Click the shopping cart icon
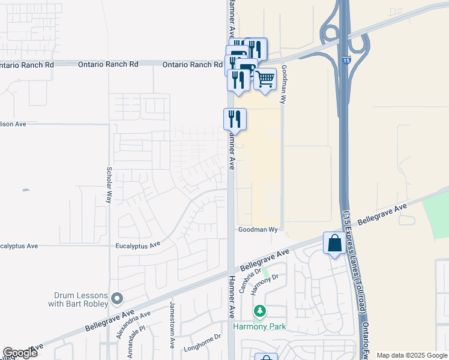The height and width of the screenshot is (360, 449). (x=265, y=79)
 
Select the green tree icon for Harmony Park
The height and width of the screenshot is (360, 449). (x=260, y=311)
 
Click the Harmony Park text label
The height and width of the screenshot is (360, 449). (x=259, y=327)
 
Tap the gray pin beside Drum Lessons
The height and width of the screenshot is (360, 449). (x=117, y=298)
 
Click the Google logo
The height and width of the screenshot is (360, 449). (x=20, y=353)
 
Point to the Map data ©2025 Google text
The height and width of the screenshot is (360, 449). (x=411, y=355)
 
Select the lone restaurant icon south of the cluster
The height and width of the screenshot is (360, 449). (x=235, y=118)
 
